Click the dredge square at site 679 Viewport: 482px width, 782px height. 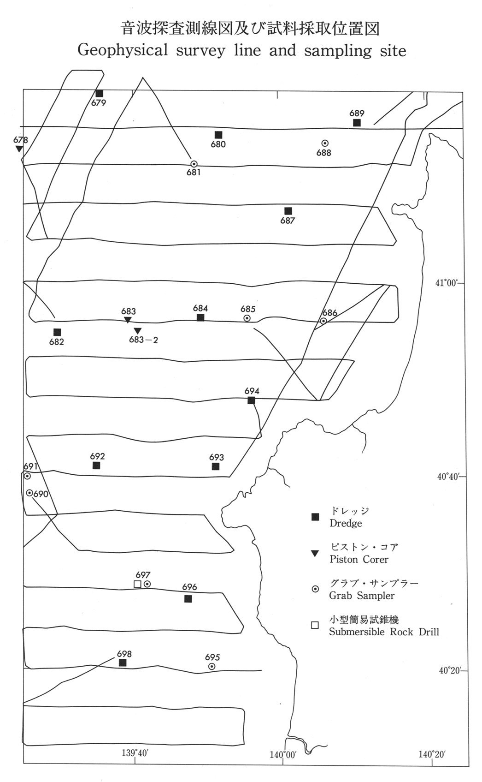[x=99, y=94]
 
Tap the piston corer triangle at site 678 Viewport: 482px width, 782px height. [x=18, y=149]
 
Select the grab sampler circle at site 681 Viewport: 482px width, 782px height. [x=194, y=164]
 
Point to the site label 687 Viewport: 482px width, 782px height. [x=288, y=221]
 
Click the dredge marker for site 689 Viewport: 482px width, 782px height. [x=357, y=123]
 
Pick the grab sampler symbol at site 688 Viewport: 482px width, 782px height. [x=325, y=143]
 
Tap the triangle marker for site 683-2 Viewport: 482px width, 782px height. [x=137, y=330]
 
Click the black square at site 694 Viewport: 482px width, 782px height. [x=251, y=400]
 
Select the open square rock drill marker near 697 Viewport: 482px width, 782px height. [x=137, y=584]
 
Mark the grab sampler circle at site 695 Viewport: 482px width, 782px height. [x=212, y=666]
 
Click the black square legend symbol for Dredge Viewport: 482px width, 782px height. [x=315, y=517]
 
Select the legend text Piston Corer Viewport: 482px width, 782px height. [x=359, y=559]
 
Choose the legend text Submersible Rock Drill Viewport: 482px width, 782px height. [x=384, y=632]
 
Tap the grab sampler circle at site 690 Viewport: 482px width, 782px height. [x=29, y=493]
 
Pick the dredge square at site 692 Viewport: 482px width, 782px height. [x=96, y=466]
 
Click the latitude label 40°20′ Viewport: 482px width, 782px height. [x=449, y=670]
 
